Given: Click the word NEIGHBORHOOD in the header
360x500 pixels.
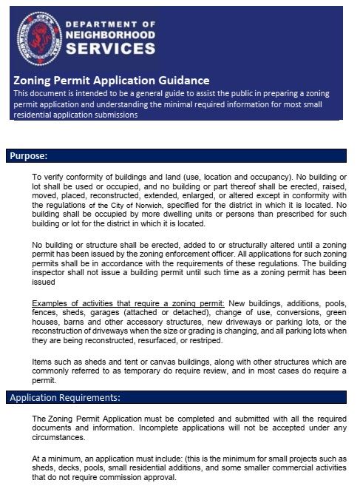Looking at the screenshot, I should (110, 34).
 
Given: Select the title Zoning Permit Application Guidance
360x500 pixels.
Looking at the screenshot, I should (111, 80).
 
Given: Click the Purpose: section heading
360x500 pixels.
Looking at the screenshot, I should (27, 156).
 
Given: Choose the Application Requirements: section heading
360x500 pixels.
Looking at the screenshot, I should (65, 398).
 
